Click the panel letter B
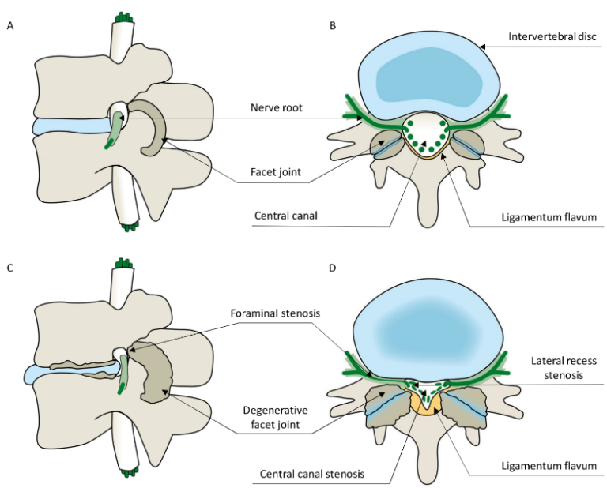pyautogui.click(x=333, y=27)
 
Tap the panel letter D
pyautogui.click(x=333, y=268)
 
